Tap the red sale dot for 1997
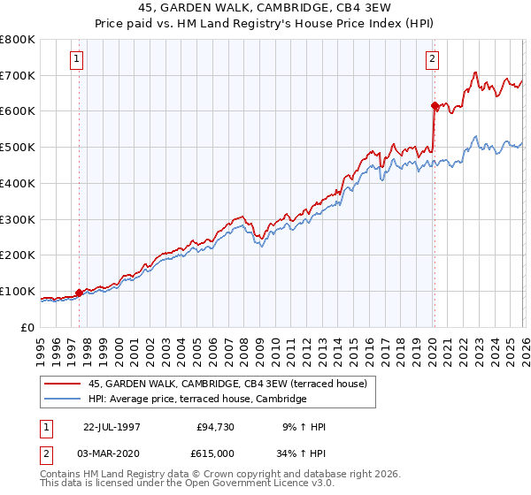(x=79, y=293)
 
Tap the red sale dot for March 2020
(x=435, y=106)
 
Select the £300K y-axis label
(x=19, y=219)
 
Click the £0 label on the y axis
(x=29, y=327)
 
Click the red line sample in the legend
(x=63, y=384)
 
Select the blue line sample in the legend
(x=63, y=400)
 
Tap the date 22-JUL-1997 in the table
(x=112, y=427)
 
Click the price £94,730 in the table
(x=215, y=427)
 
